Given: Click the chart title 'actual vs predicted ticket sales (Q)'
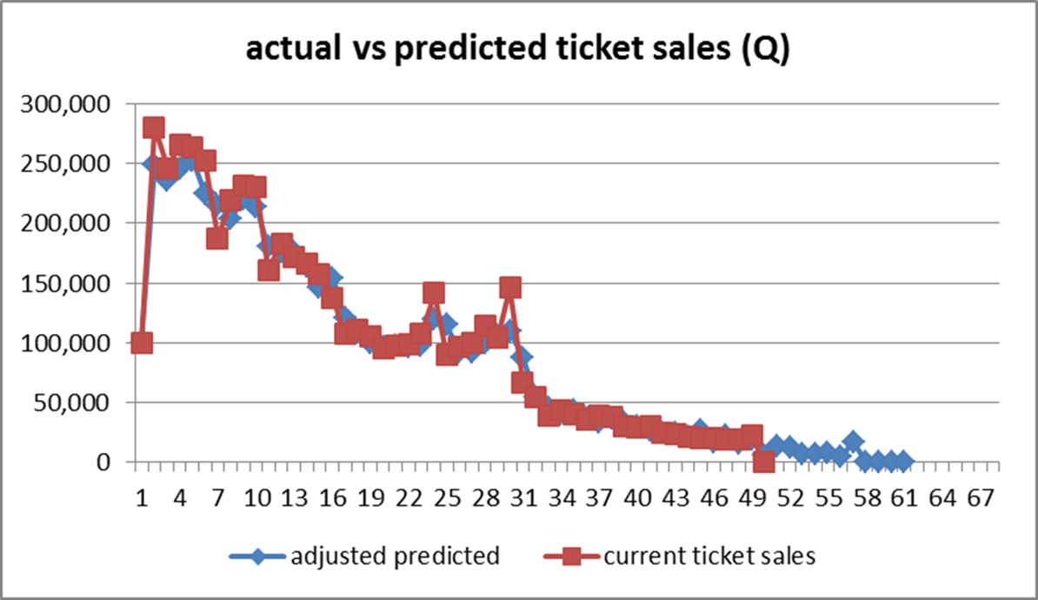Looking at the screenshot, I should click(x=518, y=50).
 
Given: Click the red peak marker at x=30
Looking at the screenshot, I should click(x=510, y=288).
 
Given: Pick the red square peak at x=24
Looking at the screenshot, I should click(x=434, y=293).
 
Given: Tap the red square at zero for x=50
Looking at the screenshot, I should click(x=764, y=461).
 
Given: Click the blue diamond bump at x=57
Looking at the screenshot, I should click(x=853, y=442).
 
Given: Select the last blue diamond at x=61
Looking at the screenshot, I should click(x=904, y=461).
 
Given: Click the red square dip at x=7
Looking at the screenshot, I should click(x=217, y=238).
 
